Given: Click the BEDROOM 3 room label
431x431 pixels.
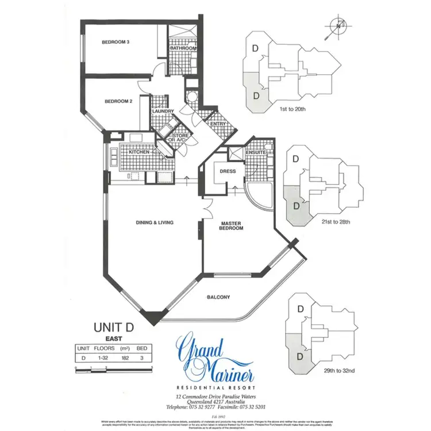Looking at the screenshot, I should pos(116,42).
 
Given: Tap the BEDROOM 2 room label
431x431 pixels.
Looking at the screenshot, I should pos(119,101).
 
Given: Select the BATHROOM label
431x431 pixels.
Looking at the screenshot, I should pos(184,49).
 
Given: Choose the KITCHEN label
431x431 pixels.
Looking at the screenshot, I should pos(140,152).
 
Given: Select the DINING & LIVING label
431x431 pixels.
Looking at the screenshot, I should pos(155,222).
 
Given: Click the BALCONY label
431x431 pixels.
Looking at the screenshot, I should pos(218,297).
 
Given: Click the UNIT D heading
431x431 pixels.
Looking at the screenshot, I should pos(113,327).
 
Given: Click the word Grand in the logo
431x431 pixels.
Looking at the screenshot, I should pos(202,348).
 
